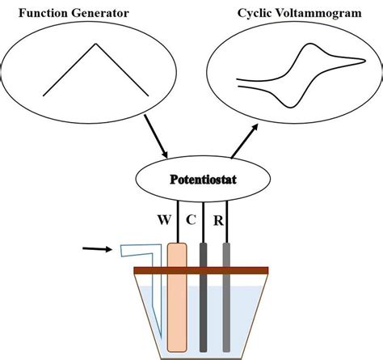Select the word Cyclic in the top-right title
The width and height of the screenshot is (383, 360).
pos(258,14)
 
